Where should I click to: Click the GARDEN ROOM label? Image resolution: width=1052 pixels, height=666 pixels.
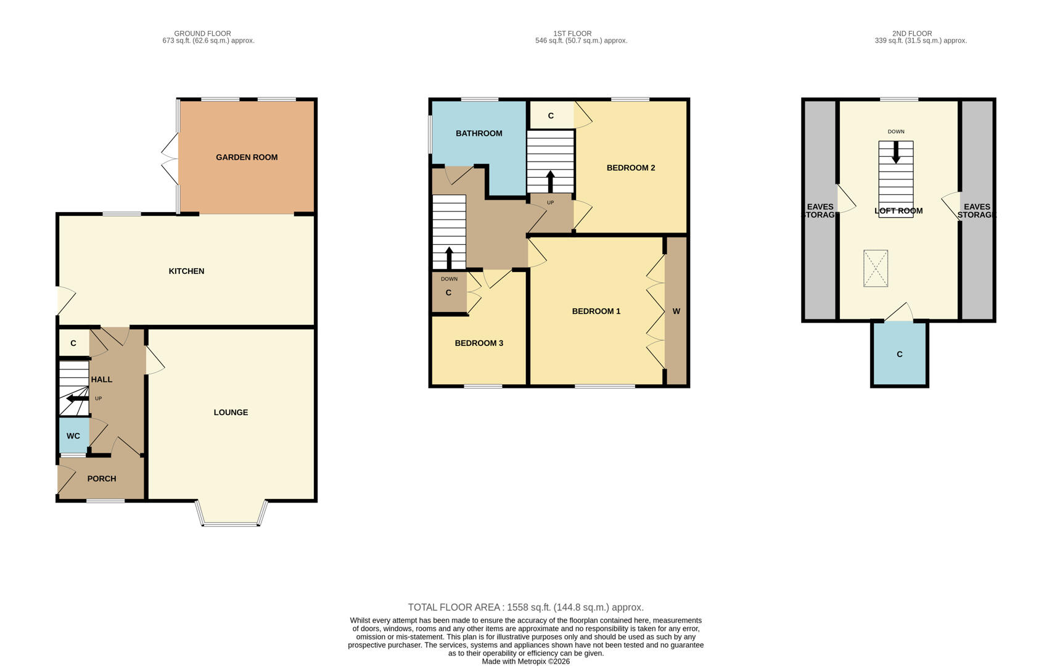pos(247,157)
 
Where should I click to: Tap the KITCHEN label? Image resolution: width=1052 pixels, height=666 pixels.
pos(186,271)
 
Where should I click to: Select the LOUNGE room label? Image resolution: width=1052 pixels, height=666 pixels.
pos(231,413)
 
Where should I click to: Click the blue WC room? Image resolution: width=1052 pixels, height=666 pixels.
pos(73,435)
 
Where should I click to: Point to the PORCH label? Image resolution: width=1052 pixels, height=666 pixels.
pos(102,479)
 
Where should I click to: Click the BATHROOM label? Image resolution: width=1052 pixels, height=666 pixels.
pos(479,133)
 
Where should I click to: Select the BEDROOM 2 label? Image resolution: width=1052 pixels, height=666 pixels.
pos(630,168)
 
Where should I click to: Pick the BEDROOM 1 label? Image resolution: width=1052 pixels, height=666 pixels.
pos(596,311)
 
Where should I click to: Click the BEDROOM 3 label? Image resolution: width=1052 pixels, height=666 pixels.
pos(479,343)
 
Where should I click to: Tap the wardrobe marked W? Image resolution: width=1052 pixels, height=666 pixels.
pos(676,311)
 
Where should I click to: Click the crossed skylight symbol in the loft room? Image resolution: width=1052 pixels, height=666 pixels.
pos(875,268)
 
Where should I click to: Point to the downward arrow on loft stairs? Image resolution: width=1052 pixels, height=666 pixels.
pos(895,153)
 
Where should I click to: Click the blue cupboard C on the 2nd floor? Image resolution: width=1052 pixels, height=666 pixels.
pos(899,354)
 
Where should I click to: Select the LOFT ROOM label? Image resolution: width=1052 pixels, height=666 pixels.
pos(898,211)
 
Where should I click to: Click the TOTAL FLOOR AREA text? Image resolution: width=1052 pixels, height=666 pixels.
pos(525,607)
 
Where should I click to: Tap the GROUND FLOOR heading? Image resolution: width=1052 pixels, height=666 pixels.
pos(202,34)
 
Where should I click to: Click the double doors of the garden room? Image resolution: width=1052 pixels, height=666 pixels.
pos(170,157)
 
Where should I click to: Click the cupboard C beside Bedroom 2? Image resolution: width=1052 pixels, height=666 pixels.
pos(551,115)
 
